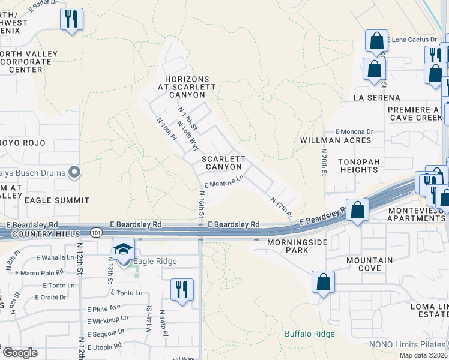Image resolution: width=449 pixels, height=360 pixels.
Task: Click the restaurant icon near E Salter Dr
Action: coord(71,19)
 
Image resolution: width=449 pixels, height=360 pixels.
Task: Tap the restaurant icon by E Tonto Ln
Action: coord(182,289)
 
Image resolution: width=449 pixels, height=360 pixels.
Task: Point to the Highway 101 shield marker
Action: coord(96,232)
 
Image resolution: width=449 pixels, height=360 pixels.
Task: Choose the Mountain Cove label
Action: coord(370,265)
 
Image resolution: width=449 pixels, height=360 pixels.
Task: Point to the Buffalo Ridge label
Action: coord(307,334)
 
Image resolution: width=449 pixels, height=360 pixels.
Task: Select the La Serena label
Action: coord(377,97)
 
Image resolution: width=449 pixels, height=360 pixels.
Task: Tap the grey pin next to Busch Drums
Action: coord(74,173)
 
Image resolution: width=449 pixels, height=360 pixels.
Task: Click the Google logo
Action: coord(20,353)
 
